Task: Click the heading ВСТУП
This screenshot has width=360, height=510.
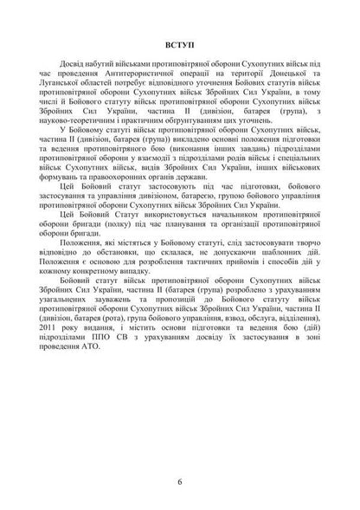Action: [179, 42]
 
